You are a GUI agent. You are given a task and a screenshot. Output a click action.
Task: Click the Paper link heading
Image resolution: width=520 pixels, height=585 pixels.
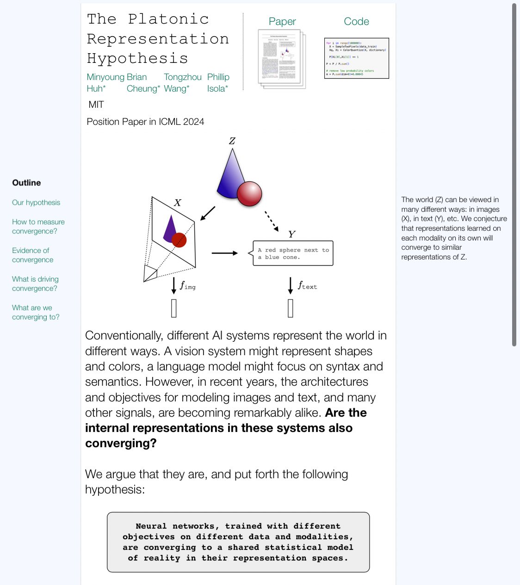point(282,21)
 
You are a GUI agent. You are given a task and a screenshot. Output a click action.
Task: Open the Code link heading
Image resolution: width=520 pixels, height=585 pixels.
point(356,21)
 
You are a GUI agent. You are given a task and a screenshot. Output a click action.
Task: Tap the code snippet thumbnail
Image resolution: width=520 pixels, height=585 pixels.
point(356,58)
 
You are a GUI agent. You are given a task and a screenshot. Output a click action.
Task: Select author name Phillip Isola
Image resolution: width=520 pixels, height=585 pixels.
point(218,82)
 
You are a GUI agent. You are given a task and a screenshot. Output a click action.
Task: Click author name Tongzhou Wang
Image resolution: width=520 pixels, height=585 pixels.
point(182,82)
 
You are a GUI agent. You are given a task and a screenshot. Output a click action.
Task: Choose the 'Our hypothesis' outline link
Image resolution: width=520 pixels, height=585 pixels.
point(36,203)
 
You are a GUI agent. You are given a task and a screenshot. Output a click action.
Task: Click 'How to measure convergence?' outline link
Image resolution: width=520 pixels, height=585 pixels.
point(38,227)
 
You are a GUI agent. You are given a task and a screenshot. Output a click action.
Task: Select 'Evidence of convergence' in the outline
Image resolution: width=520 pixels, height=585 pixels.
point(32,255)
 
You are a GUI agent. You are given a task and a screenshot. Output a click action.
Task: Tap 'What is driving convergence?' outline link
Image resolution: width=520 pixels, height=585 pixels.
point(35,284)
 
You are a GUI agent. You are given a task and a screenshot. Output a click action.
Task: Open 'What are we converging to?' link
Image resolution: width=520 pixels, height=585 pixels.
point(36,313)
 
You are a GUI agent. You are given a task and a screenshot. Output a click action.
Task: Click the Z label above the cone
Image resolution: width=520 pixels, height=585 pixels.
point(232,141)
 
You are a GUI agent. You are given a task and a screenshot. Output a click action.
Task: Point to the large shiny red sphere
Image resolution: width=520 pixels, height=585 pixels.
point(249,193)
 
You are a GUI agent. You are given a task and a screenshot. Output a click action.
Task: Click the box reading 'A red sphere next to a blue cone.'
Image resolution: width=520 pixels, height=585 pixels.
point(293,253)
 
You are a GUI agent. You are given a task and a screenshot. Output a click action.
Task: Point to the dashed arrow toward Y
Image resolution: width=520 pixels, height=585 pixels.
point(272,221)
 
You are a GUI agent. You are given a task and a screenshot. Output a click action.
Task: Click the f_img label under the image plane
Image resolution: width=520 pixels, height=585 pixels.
point(187,286)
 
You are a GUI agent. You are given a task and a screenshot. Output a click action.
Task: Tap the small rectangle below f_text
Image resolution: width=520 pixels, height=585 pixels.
point(291,308)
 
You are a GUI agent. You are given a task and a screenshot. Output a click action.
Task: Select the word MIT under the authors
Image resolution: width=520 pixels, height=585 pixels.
point(96,105)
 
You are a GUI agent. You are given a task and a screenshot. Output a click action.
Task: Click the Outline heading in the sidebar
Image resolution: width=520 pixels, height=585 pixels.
point(26,183)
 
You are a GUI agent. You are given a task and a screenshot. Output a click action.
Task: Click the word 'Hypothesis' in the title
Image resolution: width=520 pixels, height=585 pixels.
point(137,58)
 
